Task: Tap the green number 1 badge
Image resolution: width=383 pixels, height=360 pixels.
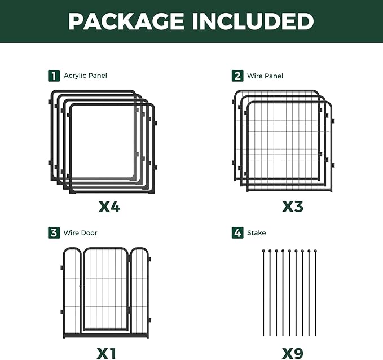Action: pos(54,76)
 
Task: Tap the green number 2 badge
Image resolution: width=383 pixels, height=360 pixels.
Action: pos(237,76)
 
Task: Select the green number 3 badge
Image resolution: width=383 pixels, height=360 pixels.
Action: pos(54,232)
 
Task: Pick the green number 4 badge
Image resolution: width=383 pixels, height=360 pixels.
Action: pos(237,232)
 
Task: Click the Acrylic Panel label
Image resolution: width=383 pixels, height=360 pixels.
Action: pos(85,76)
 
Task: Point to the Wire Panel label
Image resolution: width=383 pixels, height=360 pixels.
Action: pos(265,76)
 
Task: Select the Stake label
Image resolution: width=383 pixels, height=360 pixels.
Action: pos(257,232)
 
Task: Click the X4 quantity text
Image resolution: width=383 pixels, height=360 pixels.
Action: pos(109,207)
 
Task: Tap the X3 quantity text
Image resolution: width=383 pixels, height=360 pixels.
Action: pos(293,207)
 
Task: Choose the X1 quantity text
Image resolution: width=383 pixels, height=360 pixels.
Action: pos(106,353)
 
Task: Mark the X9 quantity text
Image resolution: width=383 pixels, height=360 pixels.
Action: pos(293,353)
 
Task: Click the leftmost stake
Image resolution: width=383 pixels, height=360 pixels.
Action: pos(263,293)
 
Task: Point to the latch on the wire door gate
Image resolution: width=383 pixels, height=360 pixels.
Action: pos(82,286)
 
